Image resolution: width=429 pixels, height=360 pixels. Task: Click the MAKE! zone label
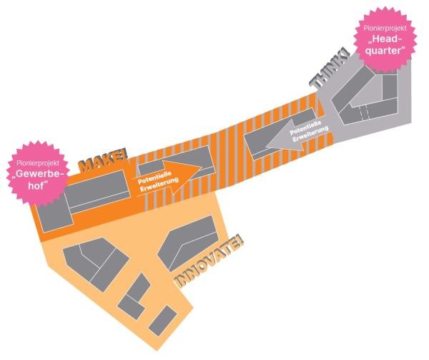103,161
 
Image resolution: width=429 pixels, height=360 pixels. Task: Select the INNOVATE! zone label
209,262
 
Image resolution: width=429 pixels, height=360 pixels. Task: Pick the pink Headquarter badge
385,40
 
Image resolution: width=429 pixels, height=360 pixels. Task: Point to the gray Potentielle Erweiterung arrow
299,135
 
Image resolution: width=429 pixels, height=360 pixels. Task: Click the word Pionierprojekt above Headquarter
385,28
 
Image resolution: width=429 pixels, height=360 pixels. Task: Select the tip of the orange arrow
202,167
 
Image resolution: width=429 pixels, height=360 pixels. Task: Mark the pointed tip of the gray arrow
267,145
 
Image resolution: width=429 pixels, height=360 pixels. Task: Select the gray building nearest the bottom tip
162,321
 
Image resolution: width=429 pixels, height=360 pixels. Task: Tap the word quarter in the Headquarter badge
385,51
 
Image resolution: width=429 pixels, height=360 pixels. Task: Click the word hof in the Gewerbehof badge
36,185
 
